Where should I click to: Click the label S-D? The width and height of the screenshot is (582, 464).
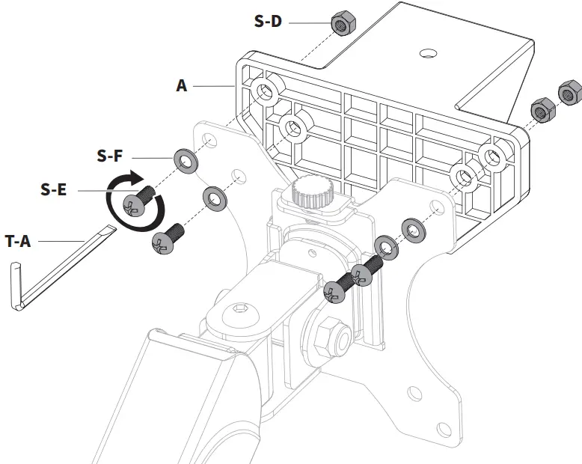tap(268, 22)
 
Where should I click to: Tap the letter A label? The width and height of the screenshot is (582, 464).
tap(182, 86)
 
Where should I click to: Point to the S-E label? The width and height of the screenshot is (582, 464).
tap(54, 189)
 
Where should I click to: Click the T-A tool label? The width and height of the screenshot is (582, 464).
tap(17, 241)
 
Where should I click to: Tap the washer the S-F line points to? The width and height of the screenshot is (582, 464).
tap(183, 159)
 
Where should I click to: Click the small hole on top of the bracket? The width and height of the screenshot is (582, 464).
tap(427, 53)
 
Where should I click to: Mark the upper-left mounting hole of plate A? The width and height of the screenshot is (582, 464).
tap(263, 91)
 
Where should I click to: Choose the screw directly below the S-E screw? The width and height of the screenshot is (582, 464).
tap(168, 240)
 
